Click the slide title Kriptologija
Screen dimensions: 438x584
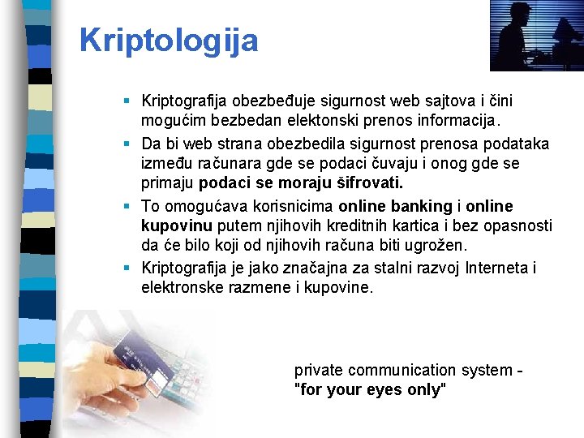coord(169,40)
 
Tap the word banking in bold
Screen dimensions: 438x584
coord(423,206)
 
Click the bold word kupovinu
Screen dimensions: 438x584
coord(173,225)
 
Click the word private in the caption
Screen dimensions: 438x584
coord(319,370)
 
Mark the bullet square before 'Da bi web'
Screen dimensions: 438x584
coord(128,144)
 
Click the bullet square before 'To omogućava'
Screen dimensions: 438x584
coord(128,206)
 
